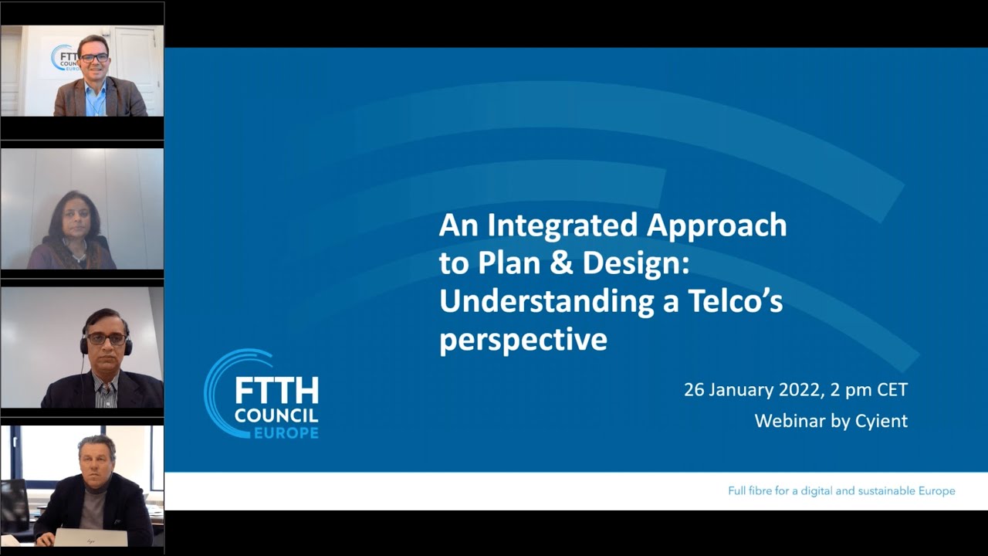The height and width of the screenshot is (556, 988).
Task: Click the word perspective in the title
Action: point(523,341)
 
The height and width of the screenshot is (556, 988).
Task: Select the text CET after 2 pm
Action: point(892,390)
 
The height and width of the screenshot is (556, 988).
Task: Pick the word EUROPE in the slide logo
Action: point(286,433)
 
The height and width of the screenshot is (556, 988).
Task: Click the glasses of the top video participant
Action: point(94,58)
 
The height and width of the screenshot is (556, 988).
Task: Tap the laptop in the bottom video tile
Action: point(90,537)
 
